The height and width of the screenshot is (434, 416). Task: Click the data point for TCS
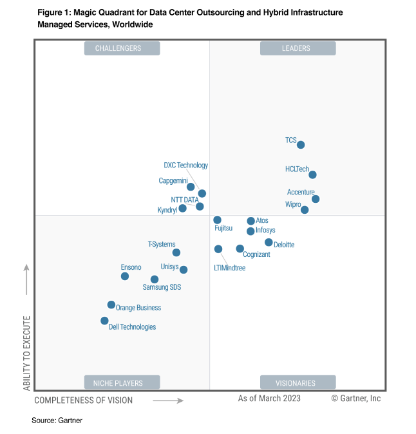(301, 145)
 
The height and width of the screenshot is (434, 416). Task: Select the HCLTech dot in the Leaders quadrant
(312, 175)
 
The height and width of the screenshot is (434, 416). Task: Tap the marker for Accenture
(316, 199)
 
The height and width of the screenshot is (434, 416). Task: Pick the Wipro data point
(305, 210)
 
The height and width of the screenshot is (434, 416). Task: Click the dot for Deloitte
(269, 242)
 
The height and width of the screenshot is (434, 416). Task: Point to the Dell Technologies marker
(104, 321)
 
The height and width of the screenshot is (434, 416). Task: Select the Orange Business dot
(111, 305)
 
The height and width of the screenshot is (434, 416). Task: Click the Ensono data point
(125, 276)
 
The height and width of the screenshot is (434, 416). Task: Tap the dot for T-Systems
(176, 252)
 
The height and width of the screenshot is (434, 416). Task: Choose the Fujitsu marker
(217, 220)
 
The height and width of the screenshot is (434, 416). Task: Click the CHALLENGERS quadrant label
(122, 48)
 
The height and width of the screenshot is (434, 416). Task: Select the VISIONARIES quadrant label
(298, 382)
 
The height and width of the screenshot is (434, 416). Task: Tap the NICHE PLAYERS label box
(122, 382)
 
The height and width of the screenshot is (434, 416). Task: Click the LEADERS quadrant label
(298, 48)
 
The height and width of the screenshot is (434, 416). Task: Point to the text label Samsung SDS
(162, 287)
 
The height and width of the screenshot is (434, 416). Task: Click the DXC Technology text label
(185, 165)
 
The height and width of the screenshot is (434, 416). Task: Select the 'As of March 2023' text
(269, 399)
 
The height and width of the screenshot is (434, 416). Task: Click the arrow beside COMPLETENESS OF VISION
(168, 401)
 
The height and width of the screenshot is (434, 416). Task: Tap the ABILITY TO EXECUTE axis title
(26, 353)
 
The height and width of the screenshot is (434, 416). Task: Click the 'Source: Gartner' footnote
(57, 420)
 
